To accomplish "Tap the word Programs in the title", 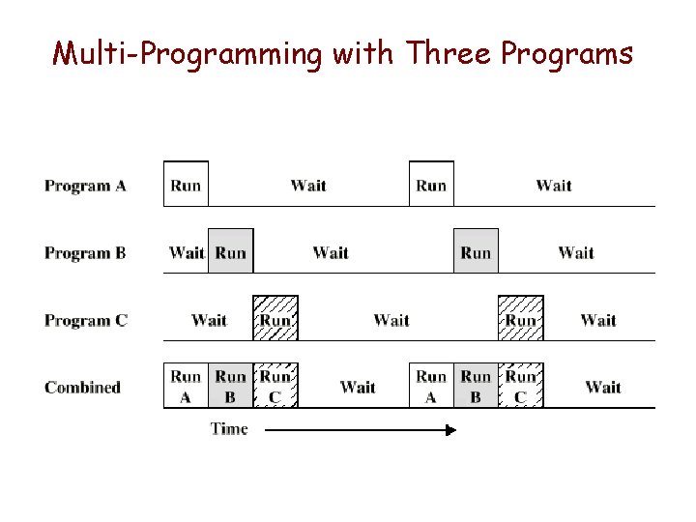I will pyautogui.click(x=566, y=53).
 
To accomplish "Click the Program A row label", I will pyautogui.click(x=85, y=186).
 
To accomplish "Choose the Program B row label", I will pyautogui.click(x=85, y=253).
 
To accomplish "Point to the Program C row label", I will pyautogui.click(x=85, y=320).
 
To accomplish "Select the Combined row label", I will pyautogui.click(x=82, y=388).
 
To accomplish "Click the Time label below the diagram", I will pyautogui.click(x=229, y=429).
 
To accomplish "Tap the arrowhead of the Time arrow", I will pyautogui.click(x=449, y=429).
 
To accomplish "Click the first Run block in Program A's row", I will pyautogui.click(x=186, y=185).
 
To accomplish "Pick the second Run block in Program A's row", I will pyautogui.click(x=431, y=185).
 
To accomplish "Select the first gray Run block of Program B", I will pyautogui.click(x=230, y=251).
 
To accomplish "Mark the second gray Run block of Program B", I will pyautogui.click(x=476, y=251).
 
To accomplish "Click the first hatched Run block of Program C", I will pyautogui.click(x=275, y=319).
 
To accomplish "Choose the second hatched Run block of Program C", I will pyautogui.click(x=521, y=319).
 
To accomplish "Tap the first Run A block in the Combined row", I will pyautogui.click(x=186, y=386).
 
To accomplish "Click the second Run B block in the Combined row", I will pyautogui.click(x=476, y=386).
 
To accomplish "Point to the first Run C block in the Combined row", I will pyautogui.click(x=275, y=386).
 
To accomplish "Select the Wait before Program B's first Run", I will pyautogui.click(x=186, y=253).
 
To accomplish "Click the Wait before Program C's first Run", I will pyautogui.click(x=209, y=320).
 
